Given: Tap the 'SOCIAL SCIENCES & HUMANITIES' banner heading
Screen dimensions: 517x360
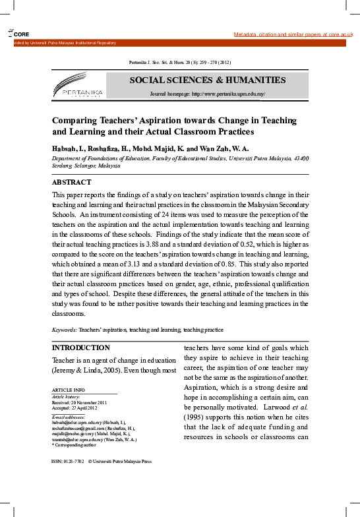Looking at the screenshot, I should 207,80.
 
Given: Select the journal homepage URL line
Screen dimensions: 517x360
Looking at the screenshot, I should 207,94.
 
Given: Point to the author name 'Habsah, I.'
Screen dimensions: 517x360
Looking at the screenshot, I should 68,149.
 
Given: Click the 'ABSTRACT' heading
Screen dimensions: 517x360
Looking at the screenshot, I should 72,182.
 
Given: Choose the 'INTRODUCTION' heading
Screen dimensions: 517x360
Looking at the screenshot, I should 81,348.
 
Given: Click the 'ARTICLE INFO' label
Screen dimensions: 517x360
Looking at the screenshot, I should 68,390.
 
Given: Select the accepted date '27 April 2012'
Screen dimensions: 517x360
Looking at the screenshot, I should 92,408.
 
